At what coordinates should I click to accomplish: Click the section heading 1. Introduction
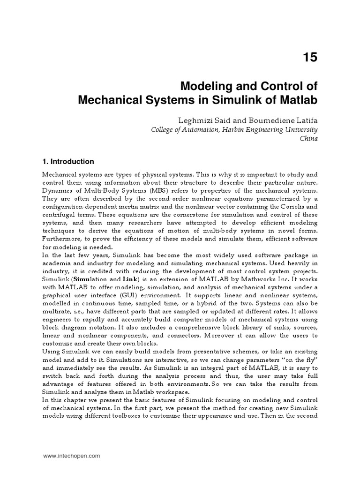[x=68, y=162]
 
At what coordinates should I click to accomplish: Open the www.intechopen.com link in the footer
[x=71, y=456]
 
